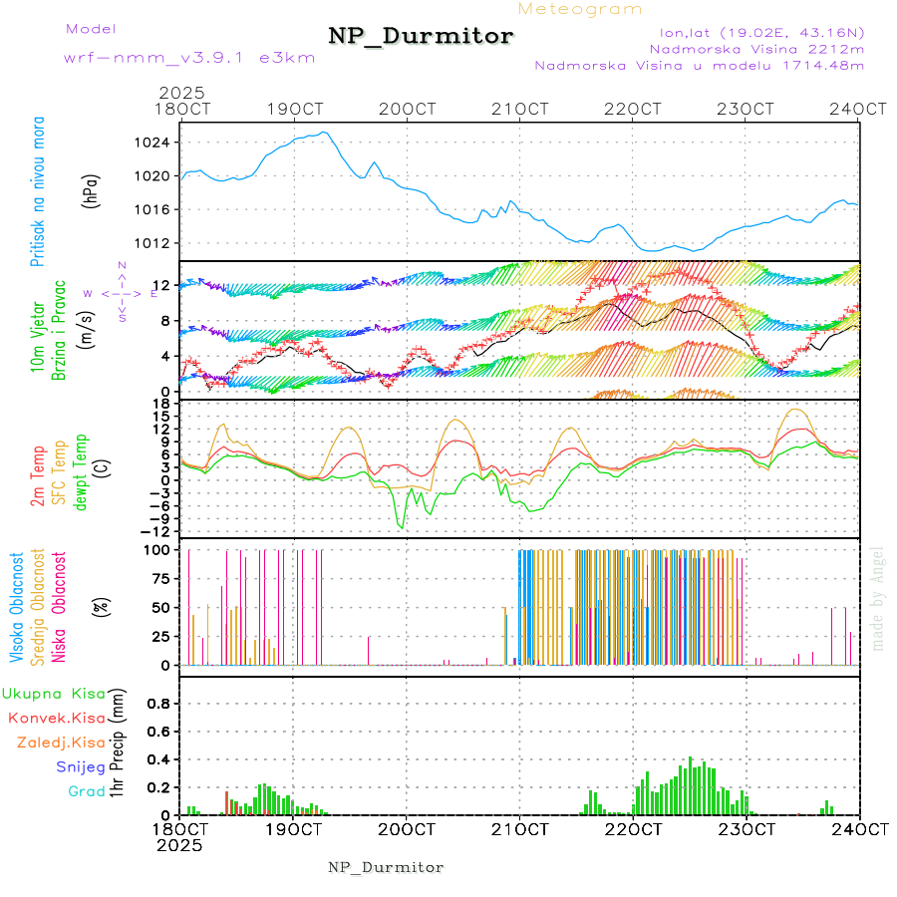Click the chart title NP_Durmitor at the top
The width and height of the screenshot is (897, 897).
click(421, 37)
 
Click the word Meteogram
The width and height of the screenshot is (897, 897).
click(580, 9)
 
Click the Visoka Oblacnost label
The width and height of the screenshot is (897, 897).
click(17, 607)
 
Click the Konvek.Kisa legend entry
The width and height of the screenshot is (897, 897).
click(56, 718)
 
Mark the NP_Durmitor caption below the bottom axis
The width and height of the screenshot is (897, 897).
click(386, 867)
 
